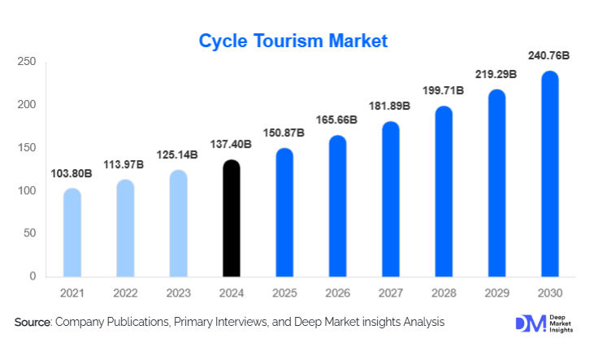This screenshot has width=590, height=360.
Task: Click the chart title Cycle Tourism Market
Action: point(294,40)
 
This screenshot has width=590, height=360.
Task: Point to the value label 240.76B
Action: point(550,56)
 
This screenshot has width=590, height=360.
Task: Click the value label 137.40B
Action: point(232,145)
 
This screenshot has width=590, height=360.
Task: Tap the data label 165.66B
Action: point(337,120)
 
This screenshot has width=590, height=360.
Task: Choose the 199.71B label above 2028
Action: point(444,90)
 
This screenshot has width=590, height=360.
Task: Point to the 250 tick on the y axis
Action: point(27,62)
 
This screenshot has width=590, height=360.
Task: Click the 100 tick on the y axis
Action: point(27,191)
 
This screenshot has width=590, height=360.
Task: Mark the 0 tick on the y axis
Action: point(33,276)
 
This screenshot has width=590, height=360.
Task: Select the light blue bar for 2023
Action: point(178,223)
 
